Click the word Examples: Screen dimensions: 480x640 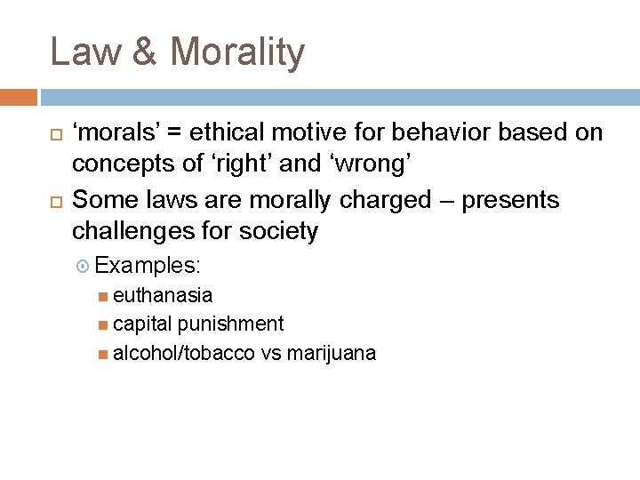coord(148,266)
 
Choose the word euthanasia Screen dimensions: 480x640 coord(163,295)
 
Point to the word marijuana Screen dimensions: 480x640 coord(332,354)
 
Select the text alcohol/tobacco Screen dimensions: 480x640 coord(185,354)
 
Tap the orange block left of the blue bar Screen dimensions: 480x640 coord(19,96)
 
